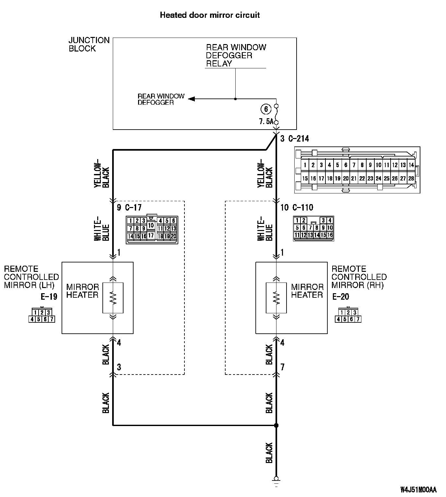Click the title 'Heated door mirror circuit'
210,15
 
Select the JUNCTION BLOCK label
89,44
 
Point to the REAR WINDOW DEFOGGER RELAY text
236,55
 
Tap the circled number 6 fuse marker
266,109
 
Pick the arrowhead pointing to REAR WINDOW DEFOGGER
191,99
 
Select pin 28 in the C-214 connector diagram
411,179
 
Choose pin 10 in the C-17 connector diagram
151,225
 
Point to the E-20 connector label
341,296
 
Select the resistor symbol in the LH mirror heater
113,298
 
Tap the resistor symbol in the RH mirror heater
276,298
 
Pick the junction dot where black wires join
276,425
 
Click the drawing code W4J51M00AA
418,490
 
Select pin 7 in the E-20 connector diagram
358,319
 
